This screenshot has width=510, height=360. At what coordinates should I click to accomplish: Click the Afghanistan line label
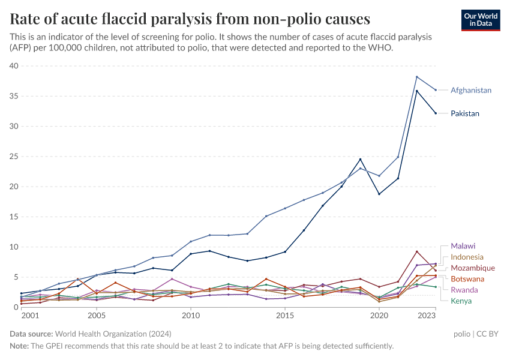click(471, 91)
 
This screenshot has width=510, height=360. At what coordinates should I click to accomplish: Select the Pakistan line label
click(465, 113)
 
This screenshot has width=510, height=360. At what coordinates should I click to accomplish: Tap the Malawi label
click(463, 246)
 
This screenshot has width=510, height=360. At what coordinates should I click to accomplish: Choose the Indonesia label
click(467, 257)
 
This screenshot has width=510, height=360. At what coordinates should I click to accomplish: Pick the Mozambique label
click(472, 268)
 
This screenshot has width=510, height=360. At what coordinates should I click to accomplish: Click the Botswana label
click(467, 279)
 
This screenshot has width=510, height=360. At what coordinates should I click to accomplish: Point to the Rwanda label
click(464, 290)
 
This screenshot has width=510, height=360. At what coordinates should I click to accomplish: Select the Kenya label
click(461, 301)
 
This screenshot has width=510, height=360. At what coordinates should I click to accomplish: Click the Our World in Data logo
click(480, 20)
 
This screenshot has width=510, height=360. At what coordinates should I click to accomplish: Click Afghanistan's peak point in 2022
click(417, 77)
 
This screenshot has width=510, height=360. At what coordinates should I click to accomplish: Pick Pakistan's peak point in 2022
click(417, 91)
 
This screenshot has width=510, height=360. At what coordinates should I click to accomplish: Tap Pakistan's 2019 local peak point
click(361, 159)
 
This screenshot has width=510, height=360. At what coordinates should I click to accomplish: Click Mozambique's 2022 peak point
click(417, 251)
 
